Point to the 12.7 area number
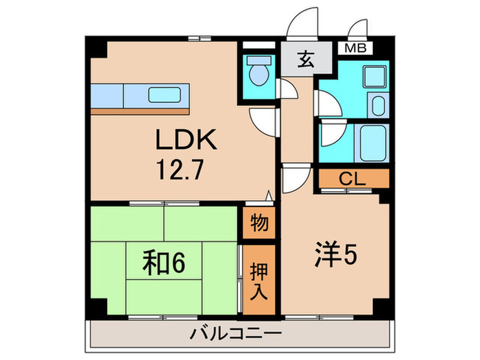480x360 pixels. click(179, 169)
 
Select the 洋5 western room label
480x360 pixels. click(335, 256)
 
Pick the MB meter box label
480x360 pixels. click(355, 48)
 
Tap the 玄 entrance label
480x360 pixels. click(305, 60)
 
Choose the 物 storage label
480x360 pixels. click(259, 224)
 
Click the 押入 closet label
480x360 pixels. click(259, 279)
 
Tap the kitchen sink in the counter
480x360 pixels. click(165, 94)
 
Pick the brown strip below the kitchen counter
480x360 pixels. click(140, 110)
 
